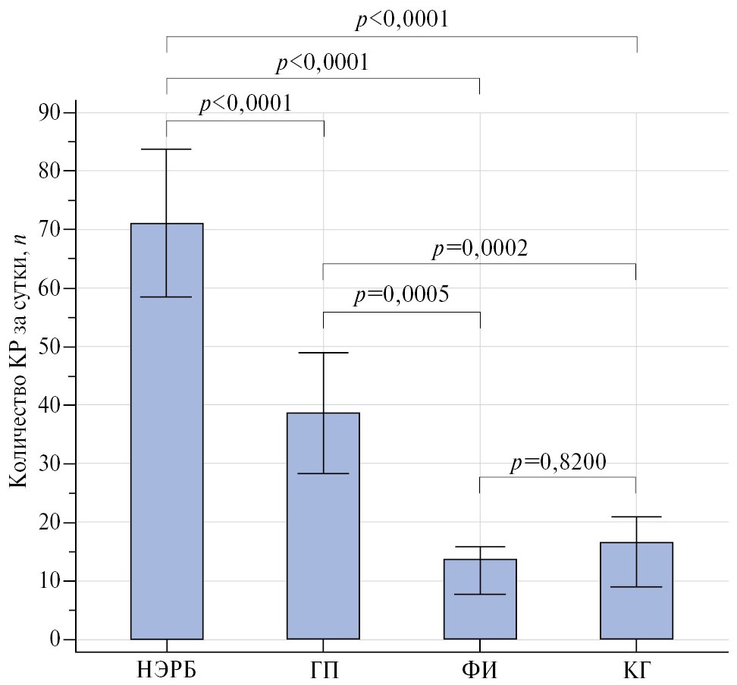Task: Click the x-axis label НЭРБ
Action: [167, 669]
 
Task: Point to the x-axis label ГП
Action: [323, 669]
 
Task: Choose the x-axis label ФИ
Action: [480, 669]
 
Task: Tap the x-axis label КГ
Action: [636, 669]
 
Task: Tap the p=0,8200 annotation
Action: [557, 462]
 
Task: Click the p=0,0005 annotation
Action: [401, 296]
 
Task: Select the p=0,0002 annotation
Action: [479, 248]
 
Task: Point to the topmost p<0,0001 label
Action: [402, 20]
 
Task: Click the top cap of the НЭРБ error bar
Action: [167, 149]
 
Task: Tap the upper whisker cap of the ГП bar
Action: [323, 353]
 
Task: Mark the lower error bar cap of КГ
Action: [636, 586]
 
